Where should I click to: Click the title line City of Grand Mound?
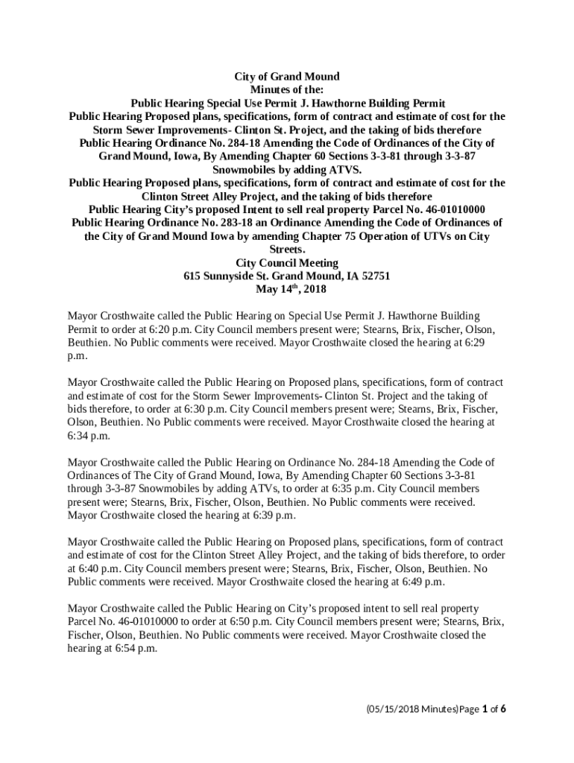(x=287, y=77)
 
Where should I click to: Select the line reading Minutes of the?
(x=287, y=90)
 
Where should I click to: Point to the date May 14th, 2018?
(x=287, y=289)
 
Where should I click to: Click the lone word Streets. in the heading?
(x=287, y=250)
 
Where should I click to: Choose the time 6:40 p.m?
(x=88, y=569)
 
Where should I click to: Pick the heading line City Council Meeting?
(x=287, y=263)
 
